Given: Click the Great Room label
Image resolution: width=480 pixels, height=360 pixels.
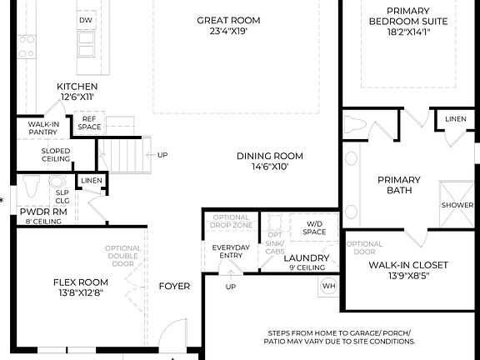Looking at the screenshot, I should click(227, 20).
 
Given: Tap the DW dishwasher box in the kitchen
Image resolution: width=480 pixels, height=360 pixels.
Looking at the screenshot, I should click(86, 19).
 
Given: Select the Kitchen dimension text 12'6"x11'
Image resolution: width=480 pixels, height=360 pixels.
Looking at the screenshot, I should click(77, 97).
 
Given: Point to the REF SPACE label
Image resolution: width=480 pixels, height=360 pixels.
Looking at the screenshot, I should click(89, 124).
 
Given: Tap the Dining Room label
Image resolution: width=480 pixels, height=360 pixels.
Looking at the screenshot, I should click(269, 156).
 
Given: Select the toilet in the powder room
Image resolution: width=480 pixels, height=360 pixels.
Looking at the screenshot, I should click(32, 185).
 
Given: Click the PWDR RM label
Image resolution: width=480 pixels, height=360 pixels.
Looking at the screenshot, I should click(37, 212).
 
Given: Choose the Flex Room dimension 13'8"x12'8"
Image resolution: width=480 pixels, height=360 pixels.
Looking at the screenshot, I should click(76, 293).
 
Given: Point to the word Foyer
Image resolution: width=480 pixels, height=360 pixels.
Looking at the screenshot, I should click(174, 286).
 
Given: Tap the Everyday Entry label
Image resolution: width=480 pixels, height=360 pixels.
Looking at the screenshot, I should click(230, 252).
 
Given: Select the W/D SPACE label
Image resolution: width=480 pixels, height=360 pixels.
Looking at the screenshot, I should click(314, 227).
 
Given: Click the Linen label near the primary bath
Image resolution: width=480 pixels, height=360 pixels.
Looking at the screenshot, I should click(455, 119).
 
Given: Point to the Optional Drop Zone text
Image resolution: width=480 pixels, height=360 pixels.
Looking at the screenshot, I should click(231, 222).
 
